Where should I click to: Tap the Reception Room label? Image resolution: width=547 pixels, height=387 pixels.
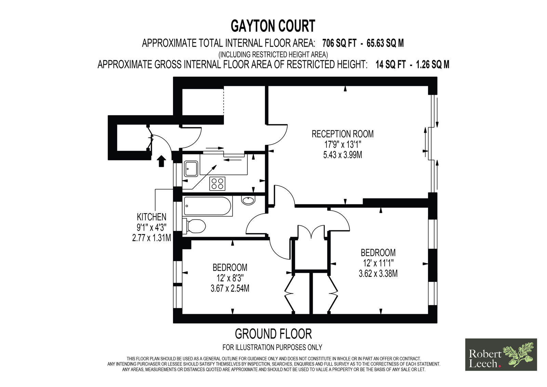pyautogui.click(x=343, y=134)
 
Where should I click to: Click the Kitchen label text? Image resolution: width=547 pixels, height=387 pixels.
pyautogui.click(x=151, y=217)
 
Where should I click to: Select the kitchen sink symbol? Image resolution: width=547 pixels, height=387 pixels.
pyautogui.click(x=191, y=169)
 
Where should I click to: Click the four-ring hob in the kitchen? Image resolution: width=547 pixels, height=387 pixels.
pyautogui.click(x=217, y=184)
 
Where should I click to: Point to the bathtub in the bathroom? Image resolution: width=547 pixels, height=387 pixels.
pyautogui.click(x=207, y=206)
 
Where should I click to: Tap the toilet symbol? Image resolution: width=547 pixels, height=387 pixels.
pyautogui.click(x=194, y=226)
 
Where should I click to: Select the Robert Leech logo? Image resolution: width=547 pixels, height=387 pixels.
pyautogui.click(x=501, y=354)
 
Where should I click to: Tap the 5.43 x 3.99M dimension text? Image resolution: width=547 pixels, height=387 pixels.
pyautogui.click(x=343, y=155)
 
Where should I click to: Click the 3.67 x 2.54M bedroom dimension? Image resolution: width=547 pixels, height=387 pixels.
pyautogui.click(x=230, y=289)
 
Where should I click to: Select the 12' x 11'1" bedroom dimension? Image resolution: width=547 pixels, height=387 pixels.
pyautogui.click(x=378, y=263)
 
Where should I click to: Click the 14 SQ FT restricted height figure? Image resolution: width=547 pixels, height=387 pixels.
pyautogui.click(x=390, y=65)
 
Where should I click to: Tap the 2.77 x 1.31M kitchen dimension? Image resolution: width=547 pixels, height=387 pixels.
pyautogui.click(x=151, y=237)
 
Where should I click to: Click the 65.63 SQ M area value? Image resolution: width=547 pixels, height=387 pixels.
pyautogui.click(x=385, y=43)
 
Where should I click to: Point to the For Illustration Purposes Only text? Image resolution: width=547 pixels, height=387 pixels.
pyautogui.click(x=272, y=347)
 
